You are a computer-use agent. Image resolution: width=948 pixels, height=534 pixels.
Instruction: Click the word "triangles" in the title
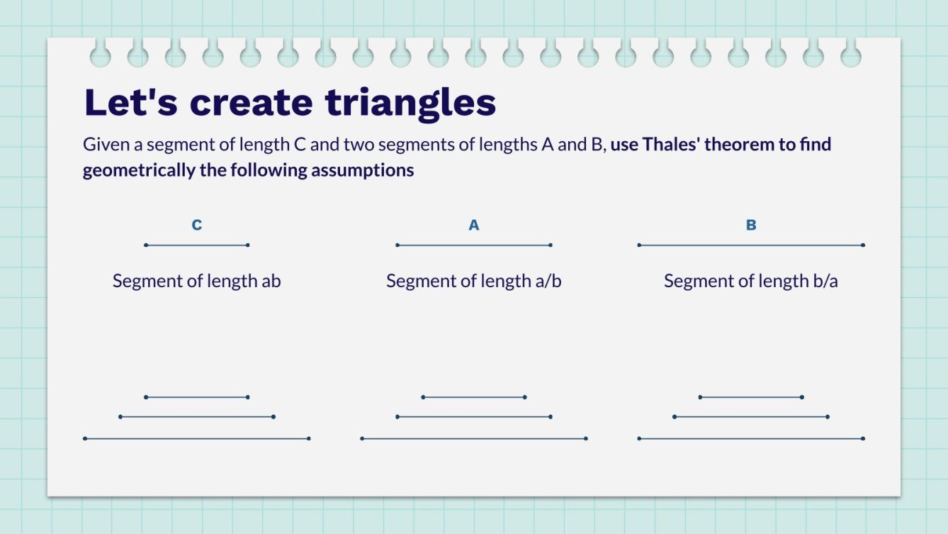pyautogui.click(x=410, y=103)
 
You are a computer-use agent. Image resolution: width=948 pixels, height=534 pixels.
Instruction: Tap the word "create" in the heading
pyautogui.click(x=251, y=103)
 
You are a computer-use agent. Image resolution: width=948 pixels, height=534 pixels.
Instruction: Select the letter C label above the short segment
pyautogui.click(x=197, y=226)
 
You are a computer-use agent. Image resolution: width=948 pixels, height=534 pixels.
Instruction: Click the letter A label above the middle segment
pyautogui.click(x=474, y=226)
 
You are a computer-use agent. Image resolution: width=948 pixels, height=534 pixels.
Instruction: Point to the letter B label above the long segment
pyautogui.click(x=751, y=226)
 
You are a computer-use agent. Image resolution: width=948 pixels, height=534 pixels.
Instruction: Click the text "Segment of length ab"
pyautogui.click(x=197, y=281)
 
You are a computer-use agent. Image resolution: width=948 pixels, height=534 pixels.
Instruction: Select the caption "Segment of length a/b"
pyautogui.click(x=474, y=281)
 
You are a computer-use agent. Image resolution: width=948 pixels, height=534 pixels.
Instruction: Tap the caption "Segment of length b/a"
pyautogui.click(x=751, y=281)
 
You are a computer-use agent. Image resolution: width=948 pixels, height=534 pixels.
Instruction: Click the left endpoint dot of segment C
pyautogui.click(x=146, y=245)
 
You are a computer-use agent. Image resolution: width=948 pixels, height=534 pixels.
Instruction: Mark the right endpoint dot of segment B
pyautogui.click(x=863, y=245)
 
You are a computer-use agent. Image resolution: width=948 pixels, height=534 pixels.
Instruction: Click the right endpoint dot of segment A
pyautogui.click(x=551, y=245)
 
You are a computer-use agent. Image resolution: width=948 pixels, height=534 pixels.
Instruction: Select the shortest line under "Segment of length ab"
pyautogui.click(x=197, y=397)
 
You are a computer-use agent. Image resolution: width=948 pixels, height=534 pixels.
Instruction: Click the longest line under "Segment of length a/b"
pyautogui.click(x=474, y=439)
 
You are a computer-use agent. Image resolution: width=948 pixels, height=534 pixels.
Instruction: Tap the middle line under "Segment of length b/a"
pyautogui.click(x=751, y=417)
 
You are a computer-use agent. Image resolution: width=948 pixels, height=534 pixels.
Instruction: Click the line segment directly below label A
pyautogui.click(x=474, y=245)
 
